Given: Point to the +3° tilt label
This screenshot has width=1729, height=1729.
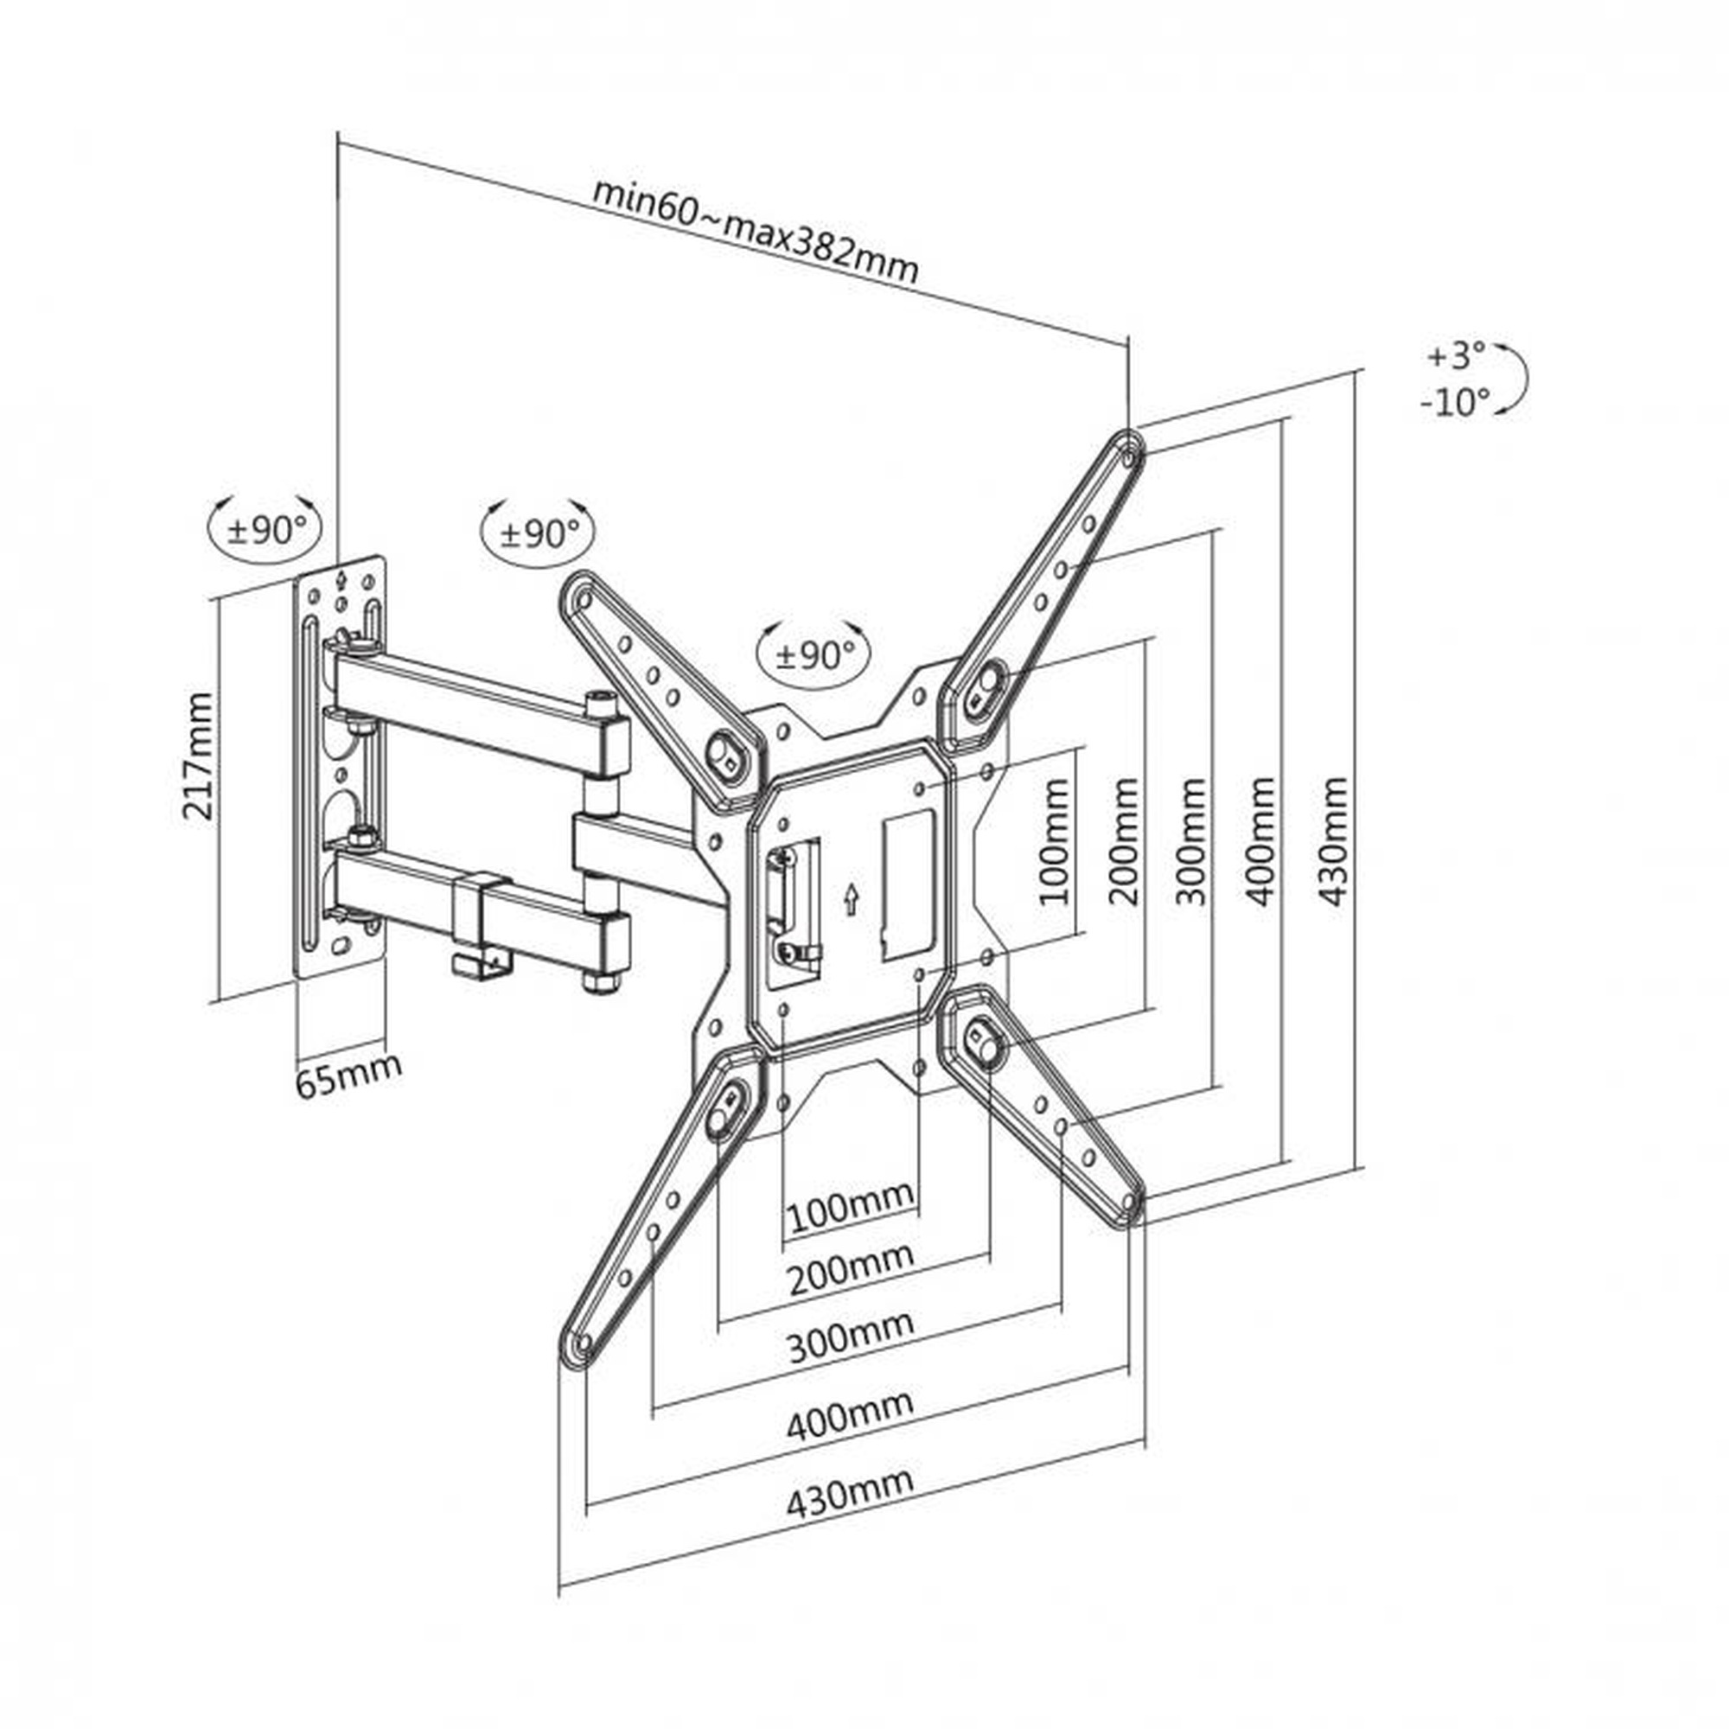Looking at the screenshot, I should tap(1456, 355).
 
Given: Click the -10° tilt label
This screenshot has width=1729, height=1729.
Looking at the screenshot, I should tap(1455, 403).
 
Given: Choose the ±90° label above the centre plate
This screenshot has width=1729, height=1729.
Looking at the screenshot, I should tap(815, 655).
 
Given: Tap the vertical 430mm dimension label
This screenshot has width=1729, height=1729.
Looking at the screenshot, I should tap(1332, 842).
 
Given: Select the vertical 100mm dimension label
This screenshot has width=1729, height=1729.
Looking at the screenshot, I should tap(1056, 842).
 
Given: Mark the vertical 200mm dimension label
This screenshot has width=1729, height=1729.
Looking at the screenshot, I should tap(1125, 842).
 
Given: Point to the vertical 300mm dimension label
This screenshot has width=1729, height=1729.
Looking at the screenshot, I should tap(1193, 842).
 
